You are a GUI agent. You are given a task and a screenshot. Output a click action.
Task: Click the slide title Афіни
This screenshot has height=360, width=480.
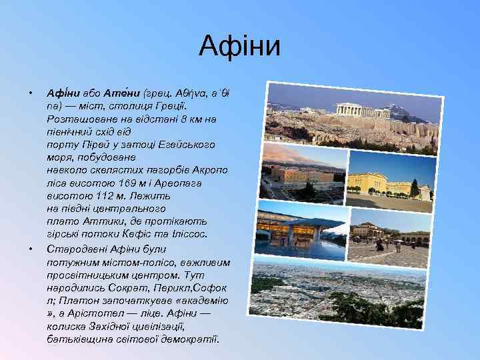pos(240,47)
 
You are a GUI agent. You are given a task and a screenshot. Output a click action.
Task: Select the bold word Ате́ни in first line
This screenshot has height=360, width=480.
pos(105,92)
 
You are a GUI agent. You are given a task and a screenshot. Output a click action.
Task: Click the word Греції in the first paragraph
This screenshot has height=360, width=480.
pos(171,105)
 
